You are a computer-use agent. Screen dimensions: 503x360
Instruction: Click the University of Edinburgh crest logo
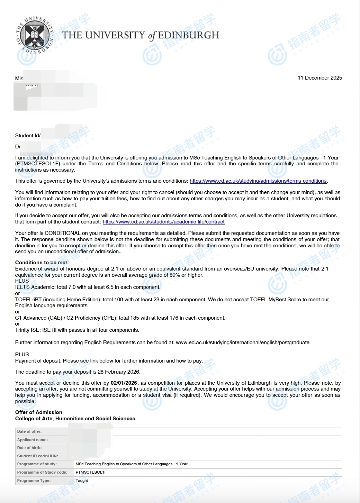pyautogui.click(x=34, y=36)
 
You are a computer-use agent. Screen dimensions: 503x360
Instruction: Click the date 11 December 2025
pyautogui.click(x=319, y=78)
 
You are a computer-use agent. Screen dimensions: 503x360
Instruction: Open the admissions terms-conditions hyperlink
pyautogui.click(x=258, y=181)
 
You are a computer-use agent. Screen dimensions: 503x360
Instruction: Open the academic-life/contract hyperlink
pyautogui.click(x=163, y=222)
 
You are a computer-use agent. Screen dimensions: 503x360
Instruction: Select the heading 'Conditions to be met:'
pyautogui.click(x=42, y=263)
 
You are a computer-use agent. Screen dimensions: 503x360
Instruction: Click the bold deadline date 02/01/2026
pyautogui.click(x=124, y=383)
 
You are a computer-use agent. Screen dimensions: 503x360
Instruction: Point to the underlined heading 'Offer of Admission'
pyautogui.click(x=39, y=412)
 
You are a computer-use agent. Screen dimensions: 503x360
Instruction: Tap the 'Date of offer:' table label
pyautogui.click(x=29, y=431)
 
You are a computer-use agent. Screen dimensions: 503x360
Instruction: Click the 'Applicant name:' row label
pyautogui.click(x=33, y=440)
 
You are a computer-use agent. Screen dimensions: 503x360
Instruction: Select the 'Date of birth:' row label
pyautogui.click(x=29, y=448)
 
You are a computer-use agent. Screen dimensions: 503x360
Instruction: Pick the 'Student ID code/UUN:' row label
pyautogui.click(x=38, y=456)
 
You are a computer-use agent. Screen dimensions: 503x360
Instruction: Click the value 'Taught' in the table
pyautogui.click(x=82, y=481)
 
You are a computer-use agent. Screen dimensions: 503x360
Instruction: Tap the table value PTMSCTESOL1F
pyautogui.click(x=91, y=472)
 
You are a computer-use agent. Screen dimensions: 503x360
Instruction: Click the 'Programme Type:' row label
pyautogui.click(x=34, y=481)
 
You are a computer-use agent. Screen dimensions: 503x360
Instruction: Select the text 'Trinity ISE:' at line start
pyautogui.click(x=28, y=330)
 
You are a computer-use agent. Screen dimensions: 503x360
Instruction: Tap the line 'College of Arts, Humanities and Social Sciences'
pyautogui.click(x=75, y=419)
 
